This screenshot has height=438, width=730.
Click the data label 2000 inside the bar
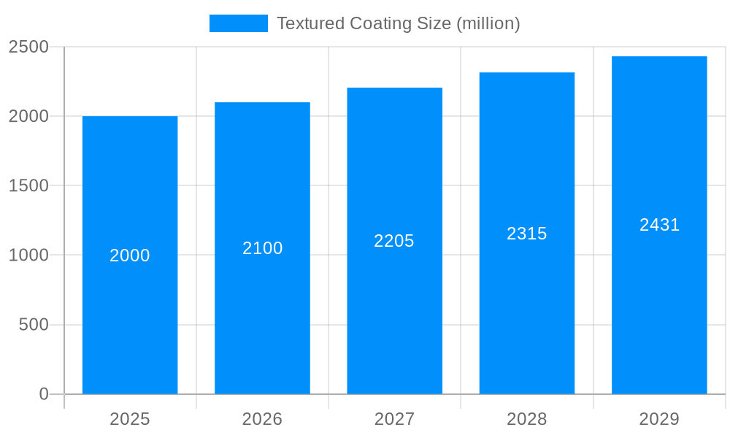pos(130,255)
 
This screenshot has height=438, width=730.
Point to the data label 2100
pos(262,248)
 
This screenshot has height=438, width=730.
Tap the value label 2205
pos(394,241)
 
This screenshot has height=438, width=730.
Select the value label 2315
pos(527,234)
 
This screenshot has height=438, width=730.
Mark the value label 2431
pos(659,225)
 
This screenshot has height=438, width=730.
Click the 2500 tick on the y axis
pos(28,47)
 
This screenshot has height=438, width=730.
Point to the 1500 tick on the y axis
pos(28,185)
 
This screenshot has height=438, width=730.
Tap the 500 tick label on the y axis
pos(34,324)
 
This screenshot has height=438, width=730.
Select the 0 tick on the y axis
pos(43,394)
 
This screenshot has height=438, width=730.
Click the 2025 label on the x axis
pos(130,419)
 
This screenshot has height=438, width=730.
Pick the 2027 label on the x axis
pos(394,419)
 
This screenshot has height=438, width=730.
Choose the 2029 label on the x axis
pos(659,419)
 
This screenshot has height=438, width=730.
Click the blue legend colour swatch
pos(238,23)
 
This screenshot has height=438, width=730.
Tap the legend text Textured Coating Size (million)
pos(398,23)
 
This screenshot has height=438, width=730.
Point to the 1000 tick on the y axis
pos(28,255)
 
